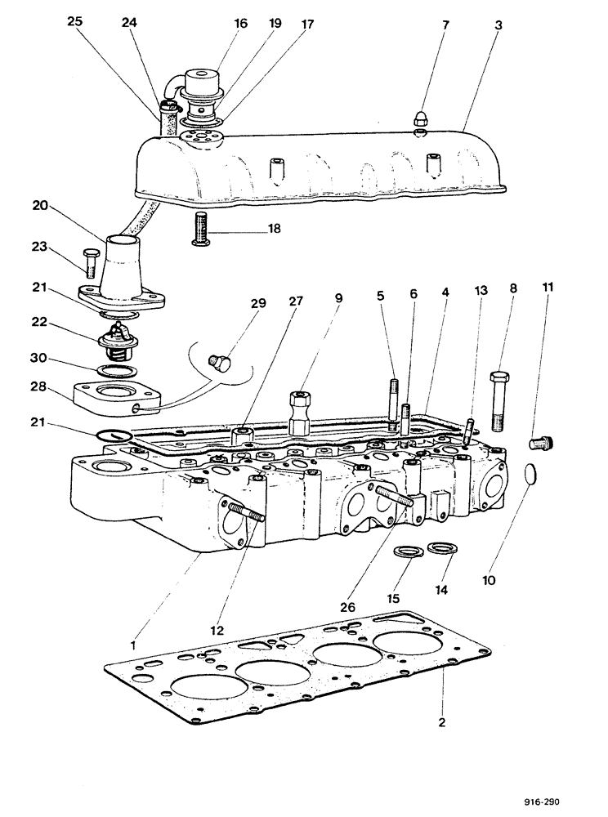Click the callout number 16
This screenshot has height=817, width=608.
[x=240, y=25]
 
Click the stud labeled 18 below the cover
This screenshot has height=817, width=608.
[x=201, y=228]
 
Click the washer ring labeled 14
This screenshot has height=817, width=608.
[x=440, y=548]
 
